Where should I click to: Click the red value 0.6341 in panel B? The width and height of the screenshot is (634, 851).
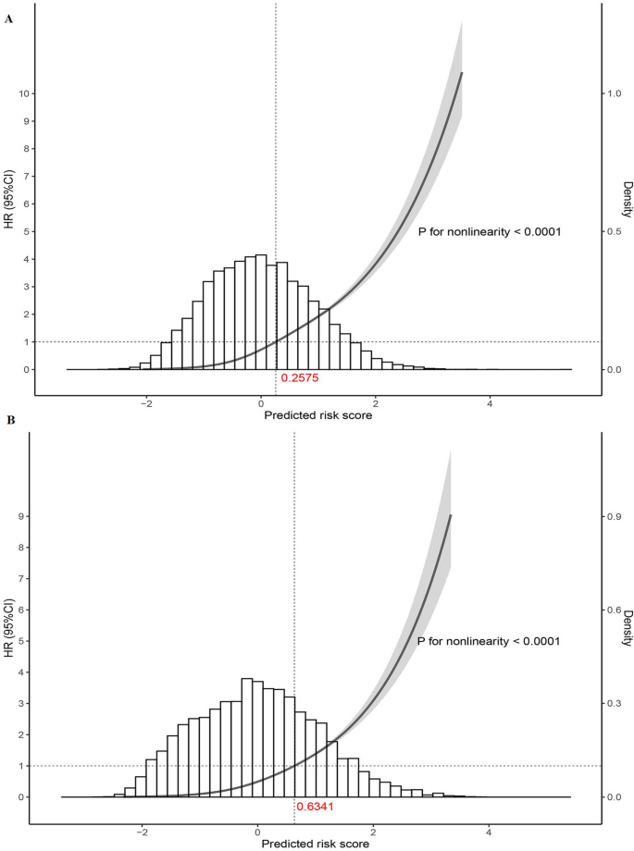314,806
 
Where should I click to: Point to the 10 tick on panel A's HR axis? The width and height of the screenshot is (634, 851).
25,93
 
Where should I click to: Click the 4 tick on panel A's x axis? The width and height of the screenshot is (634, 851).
490,403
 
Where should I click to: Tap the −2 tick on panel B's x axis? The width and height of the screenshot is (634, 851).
142,831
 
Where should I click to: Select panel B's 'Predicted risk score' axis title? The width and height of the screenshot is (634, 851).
317,843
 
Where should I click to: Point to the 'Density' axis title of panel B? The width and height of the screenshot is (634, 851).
627,629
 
